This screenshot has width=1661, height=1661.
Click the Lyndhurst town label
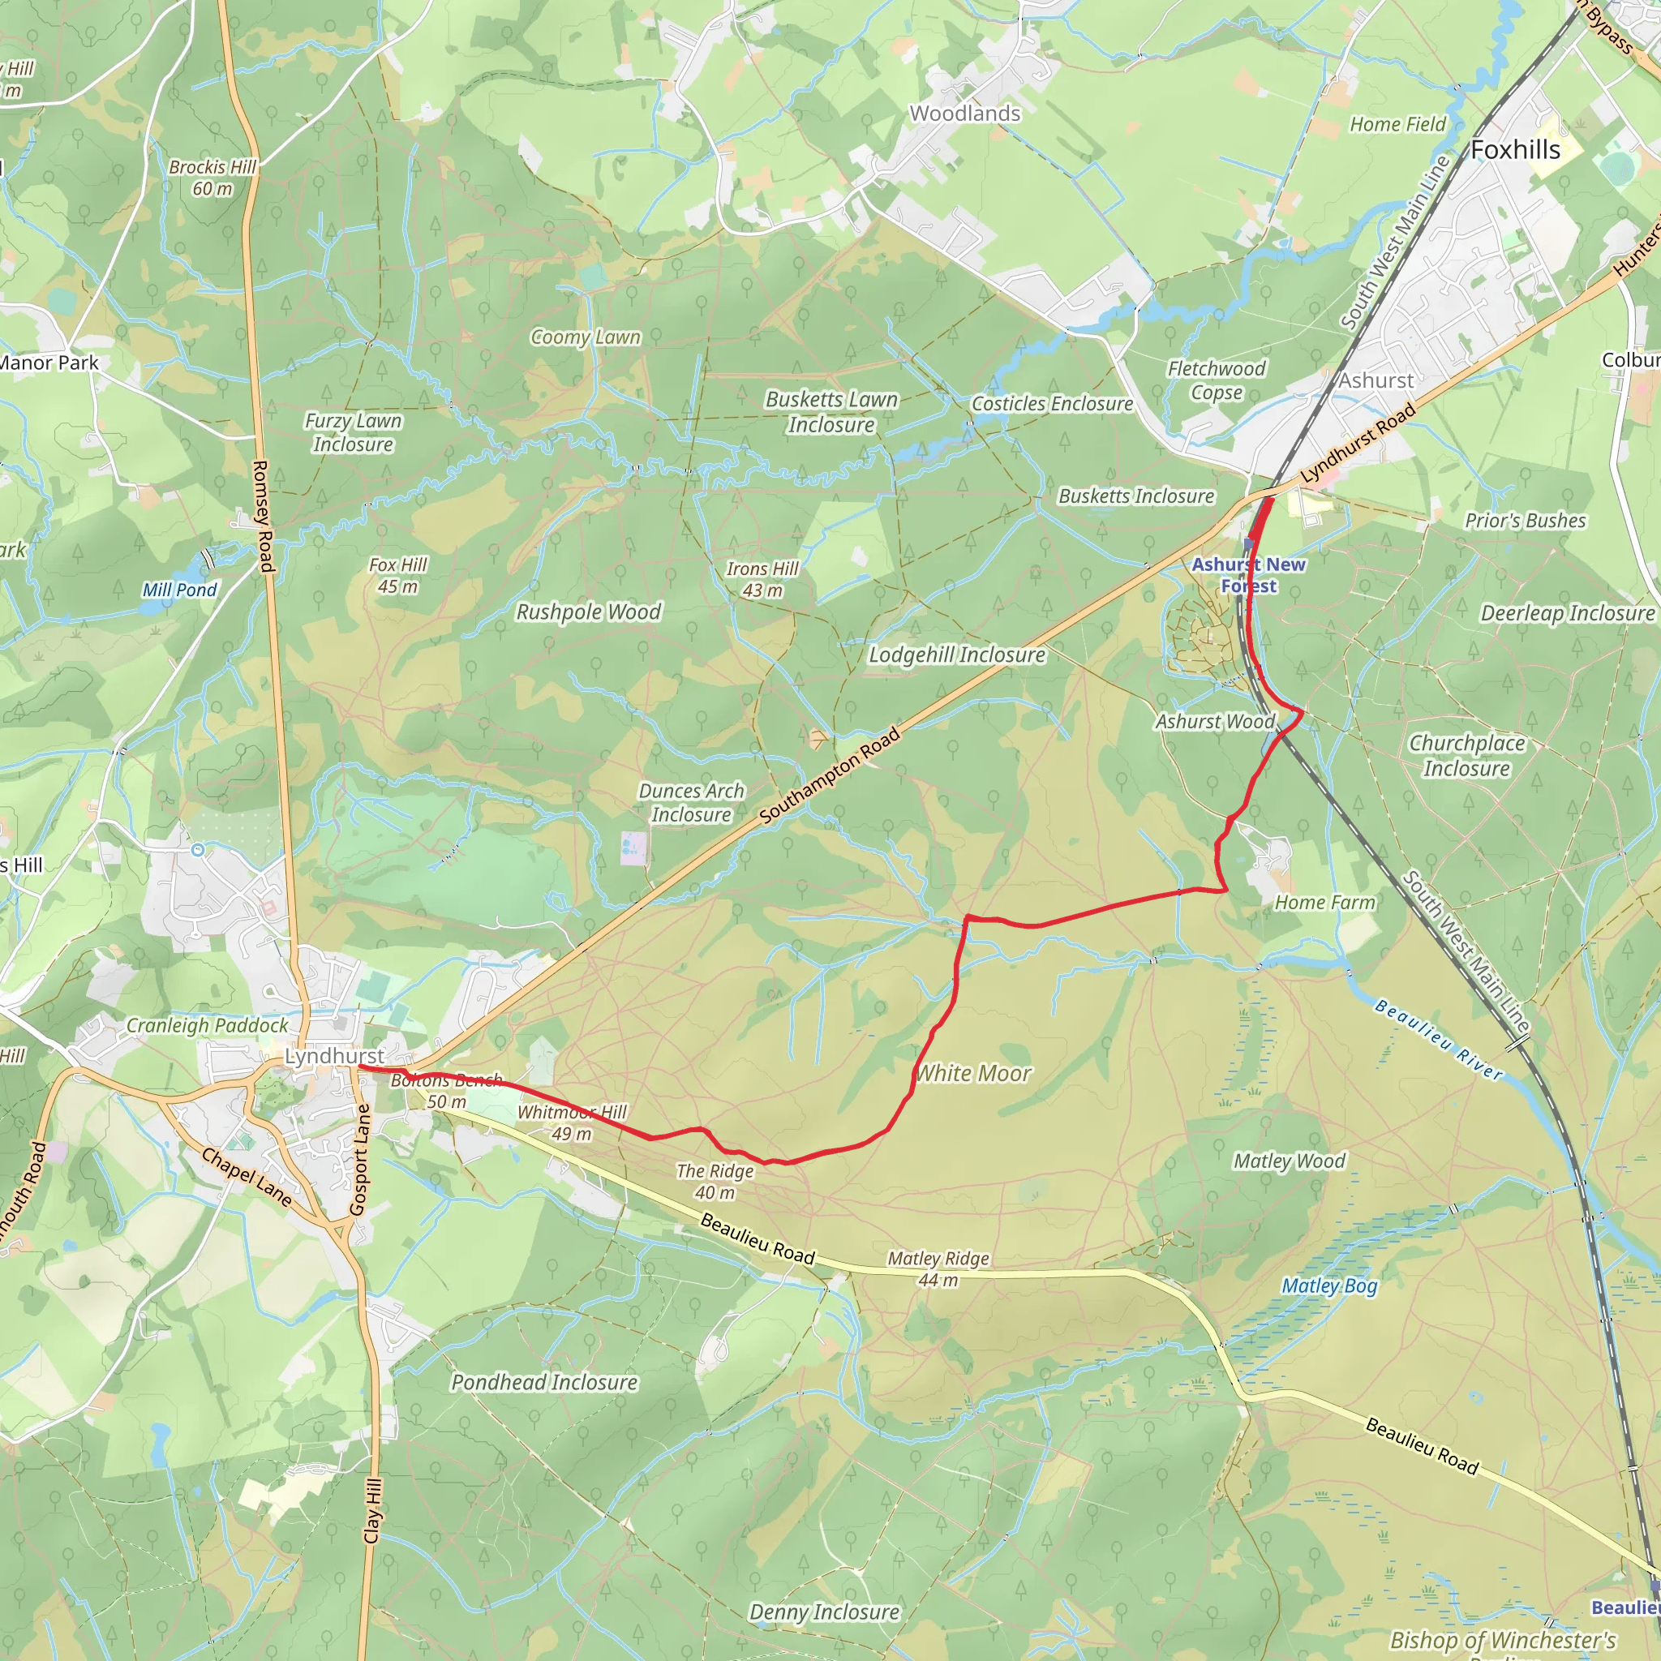click(334, 1056)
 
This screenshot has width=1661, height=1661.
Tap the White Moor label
click(973, 1073)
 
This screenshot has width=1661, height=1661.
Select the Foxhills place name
click(1515, 151)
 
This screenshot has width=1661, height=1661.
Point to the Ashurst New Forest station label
click(1248, 574)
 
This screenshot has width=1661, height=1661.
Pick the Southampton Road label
click(830, 775)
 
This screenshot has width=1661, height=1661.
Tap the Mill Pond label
click(180, 590)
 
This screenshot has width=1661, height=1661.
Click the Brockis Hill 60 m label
click(212, 177)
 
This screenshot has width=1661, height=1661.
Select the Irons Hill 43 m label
click(762, 579)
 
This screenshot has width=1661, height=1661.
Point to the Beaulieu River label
click(1438, 1040)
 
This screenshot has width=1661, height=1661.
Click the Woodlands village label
click(964, 114)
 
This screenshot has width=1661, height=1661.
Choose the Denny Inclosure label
click(824, 1612)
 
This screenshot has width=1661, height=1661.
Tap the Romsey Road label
click(262, 516)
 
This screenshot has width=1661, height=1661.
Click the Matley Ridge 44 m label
click(938, 1269)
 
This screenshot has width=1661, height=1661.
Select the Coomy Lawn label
click(586, 337)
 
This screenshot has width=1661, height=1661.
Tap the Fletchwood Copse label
click(1216, 380)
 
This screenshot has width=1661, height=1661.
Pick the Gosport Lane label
click(360, 1159)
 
